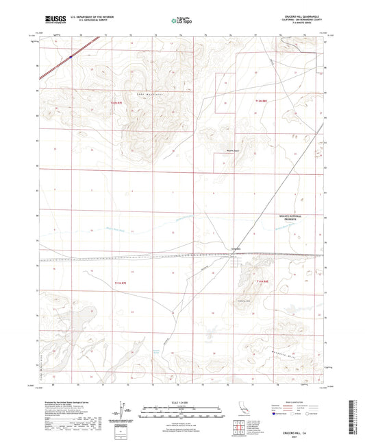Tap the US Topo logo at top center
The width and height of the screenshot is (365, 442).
point(181,21)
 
